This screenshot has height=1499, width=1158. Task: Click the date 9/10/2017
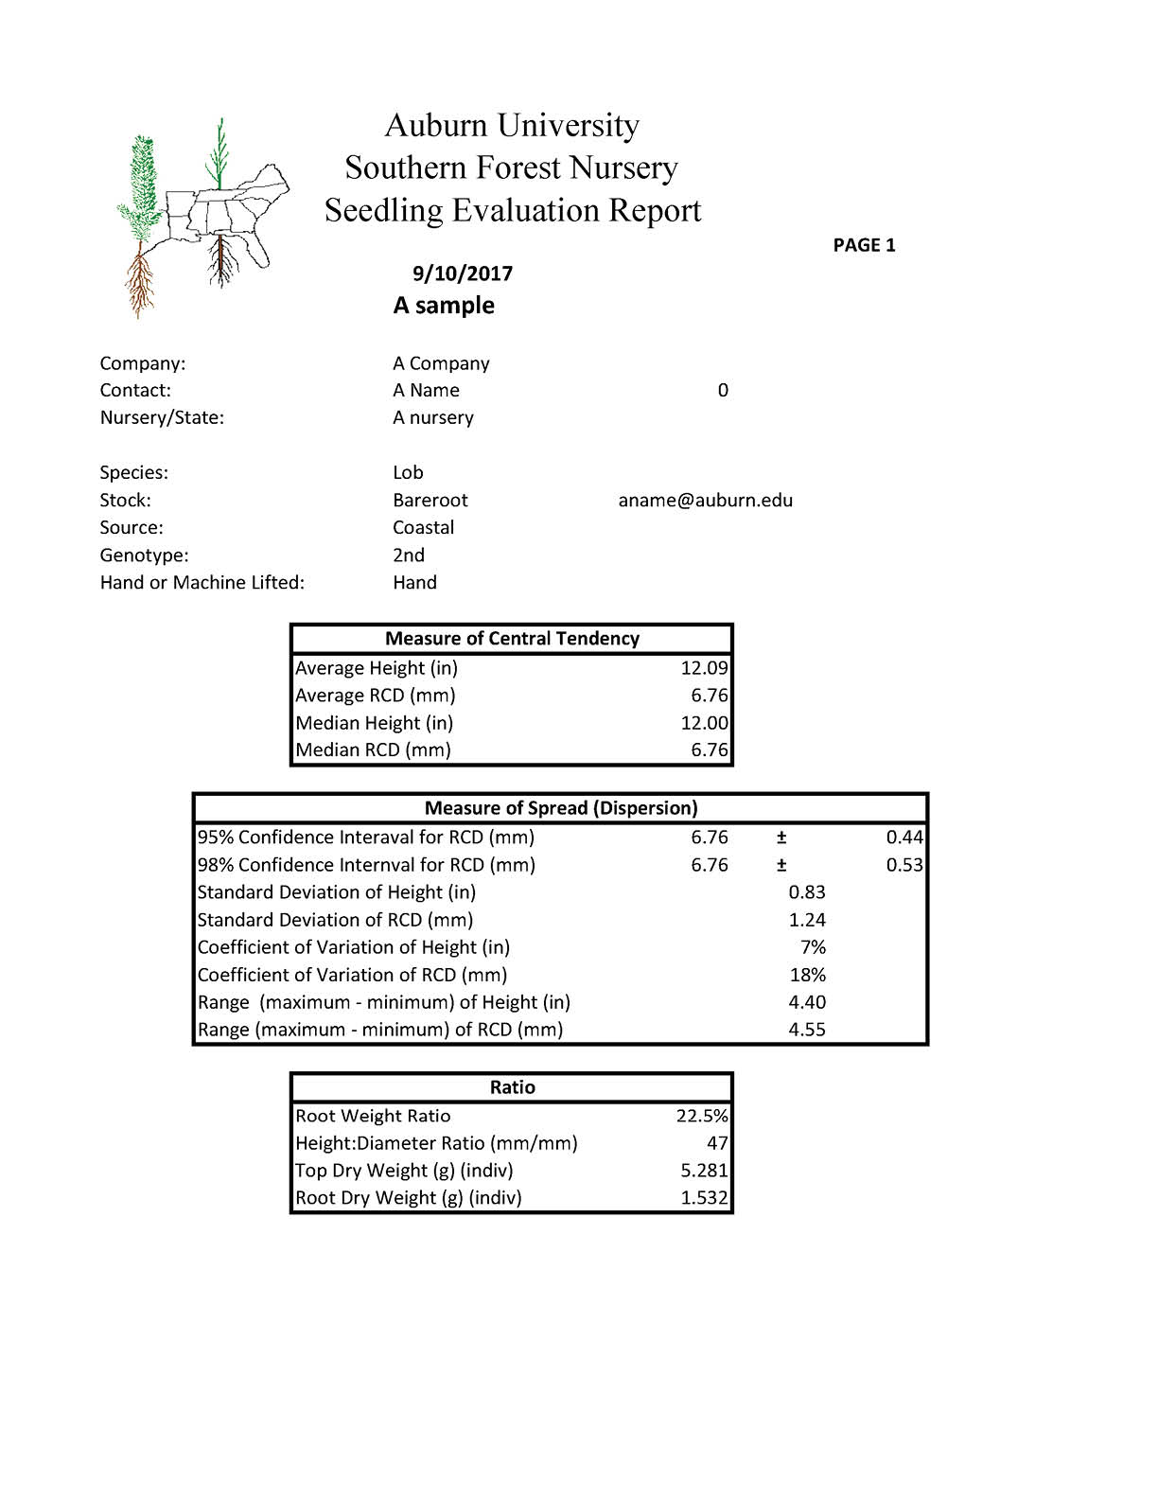(x=463, y=273)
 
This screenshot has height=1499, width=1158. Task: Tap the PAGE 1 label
(x=864, y=245)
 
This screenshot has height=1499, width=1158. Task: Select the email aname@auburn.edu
(x=706, y=501)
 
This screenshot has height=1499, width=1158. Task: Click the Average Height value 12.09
(x=704, y=668)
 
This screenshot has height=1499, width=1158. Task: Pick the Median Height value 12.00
(x=704, y=723)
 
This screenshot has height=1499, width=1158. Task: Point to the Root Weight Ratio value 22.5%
(x=702, y=1117)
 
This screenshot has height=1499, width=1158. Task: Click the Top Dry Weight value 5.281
(x=704, y=1172)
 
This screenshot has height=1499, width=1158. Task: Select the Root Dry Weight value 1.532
(x=704, y=1198)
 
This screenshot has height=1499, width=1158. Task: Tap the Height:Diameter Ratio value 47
(x=717, y=1144)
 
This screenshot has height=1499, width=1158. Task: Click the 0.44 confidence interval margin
(x=904, y=838)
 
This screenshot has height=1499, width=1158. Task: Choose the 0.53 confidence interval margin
(x=904, y=865)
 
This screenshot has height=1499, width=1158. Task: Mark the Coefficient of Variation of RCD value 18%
(x=808, y=975)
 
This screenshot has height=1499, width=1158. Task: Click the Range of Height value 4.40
(x=807, y=1002)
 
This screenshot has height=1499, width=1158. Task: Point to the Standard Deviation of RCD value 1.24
(x=807, y=920)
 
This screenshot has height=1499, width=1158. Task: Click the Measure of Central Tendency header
(x=512, y=639)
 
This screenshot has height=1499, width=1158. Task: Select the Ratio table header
(x=512, y=1087)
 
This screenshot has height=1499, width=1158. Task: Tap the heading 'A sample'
(x=444, y=306)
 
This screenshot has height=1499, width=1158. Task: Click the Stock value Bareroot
(x=430, y=501)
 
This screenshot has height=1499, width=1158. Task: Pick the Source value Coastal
(x=424, y=528)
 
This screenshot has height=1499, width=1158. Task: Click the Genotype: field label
(x=145, y=556)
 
